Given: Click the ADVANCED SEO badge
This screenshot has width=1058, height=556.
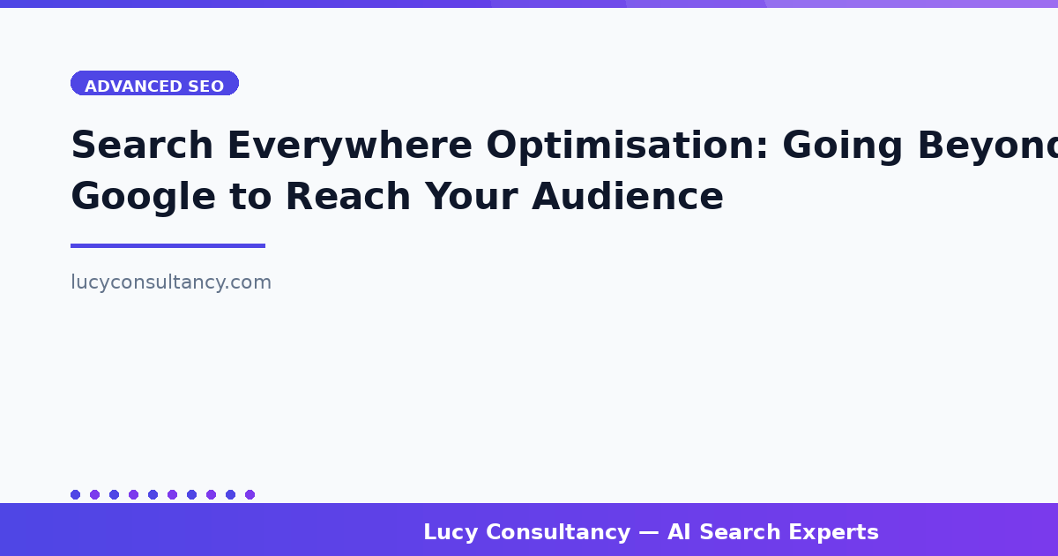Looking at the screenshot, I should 154,83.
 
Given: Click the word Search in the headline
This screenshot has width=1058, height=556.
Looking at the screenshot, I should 142,146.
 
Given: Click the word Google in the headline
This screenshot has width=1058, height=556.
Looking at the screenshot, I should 143,197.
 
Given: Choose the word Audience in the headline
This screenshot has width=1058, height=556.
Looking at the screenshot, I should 628,197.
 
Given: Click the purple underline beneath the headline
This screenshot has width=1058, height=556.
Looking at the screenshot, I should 168,245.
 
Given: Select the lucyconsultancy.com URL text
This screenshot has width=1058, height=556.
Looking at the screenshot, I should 171,282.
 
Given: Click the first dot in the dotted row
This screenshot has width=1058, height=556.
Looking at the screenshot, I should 75,495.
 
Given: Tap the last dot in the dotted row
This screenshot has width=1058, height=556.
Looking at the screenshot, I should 250,495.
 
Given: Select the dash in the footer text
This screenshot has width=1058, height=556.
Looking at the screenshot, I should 649,533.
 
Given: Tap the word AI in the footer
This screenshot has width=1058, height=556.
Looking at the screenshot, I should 680,533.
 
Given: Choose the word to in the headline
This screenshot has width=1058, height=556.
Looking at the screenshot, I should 251,197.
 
